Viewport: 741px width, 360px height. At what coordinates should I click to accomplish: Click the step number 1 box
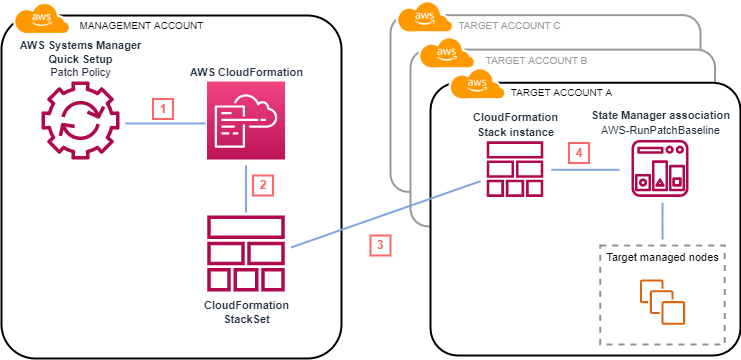163,108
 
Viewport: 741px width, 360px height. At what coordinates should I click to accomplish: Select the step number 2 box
263,184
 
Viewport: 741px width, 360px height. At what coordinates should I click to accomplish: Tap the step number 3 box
378,244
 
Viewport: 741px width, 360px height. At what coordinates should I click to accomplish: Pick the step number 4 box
575,154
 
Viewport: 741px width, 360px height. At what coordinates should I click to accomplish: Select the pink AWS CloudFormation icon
246,122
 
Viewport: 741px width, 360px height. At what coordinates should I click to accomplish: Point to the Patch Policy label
68,73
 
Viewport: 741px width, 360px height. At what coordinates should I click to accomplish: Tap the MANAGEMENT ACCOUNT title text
140,24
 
